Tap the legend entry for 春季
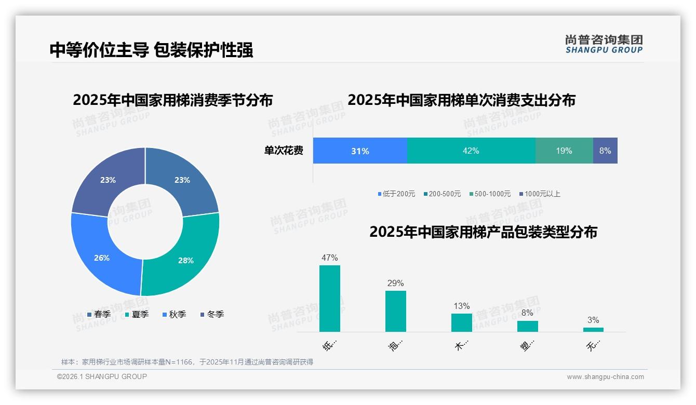(99, 314)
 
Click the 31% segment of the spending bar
(360, 151)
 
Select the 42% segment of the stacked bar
(471, 151)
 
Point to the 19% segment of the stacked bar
(564, 151)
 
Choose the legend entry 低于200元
(396, 194)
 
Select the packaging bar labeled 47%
(330, 299)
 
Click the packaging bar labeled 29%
(396, 311)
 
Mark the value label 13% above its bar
(462, 306)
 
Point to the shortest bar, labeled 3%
(593, 329)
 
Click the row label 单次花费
(284, 151)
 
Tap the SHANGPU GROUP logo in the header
(604, 44)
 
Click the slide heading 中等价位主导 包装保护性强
(151, 50)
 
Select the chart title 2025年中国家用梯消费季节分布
(173, 100)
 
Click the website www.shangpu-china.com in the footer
(605, 377)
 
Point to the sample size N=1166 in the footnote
(180, 362)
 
